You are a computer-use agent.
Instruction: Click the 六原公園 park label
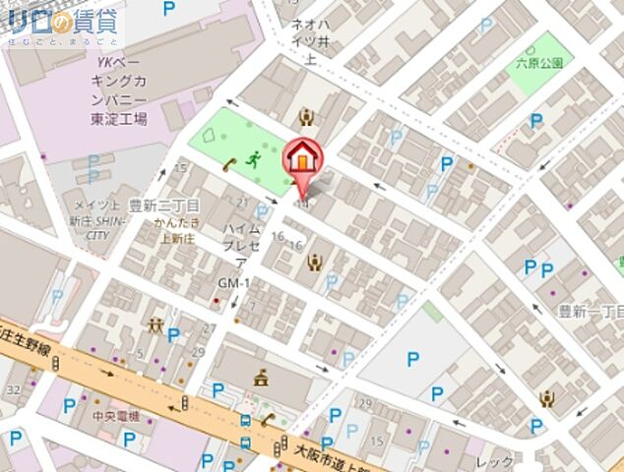pos(539,63)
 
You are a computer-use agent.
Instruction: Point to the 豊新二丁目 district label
pos(164,205)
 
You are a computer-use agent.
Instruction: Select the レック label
pos(494,462)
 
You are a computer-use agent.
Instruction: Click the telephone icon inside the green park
pos(228,164)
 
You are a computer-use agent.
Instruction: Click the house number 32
pos(12,389)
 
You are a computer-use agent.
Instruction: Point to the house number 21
pos(241,203)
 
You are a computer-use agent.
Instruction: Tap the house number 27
pos(208,328)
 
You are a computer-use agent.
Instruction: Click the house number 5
pos(142,353)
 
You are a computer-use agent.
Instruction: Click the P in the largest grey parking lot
pos(410,361)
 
